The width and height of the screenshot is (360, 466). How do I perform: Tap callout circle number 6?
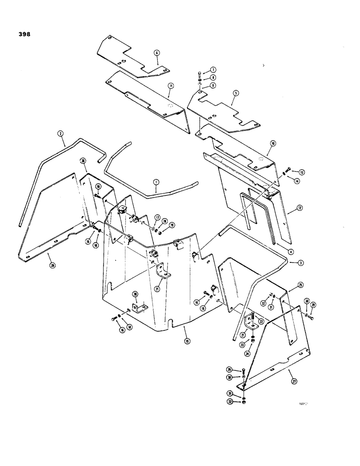(x=157, y=54)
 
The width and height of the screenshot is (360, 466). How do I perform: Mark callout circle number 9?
(x=213, y=85)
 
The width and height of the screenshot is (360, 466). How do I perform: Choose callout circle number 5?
(x=235, y=93)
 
